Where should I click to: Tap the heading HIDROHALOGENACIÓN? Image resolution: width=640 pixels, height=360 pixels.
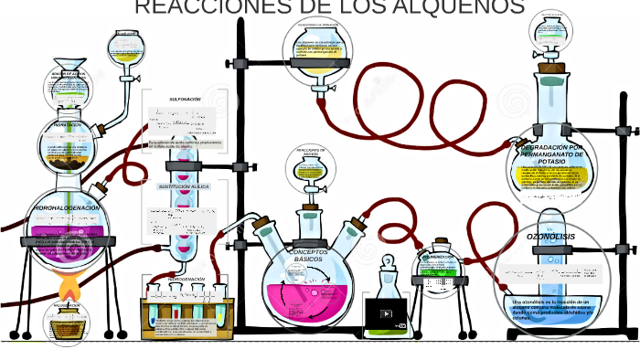[x=67, y=208]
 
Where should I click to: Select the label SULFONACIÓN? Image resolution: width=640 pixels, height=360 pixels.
[x=185, y=99]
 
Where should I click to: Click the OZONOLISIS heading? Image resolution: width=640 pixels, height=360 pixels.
[x=550, y=236]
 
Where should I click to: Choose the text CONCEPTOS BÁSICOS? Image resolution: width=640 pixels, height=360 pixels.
[x=307, y=255]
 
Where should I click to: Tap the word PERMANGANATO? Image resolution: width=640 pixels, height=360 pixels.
[x=550, y=154]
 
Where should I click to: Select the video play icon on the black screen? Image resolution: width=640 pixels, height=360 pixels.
[x=386, y=313]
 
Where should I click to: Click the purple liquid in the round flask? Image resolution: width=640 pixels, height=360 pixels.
[x=67, y=233]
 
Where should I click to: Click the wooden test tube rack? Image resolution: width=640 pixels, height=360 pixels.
[x=187, y=315]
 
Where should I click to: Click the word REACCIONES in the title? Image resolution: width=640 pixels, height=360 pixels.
[x=190, y=7]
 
